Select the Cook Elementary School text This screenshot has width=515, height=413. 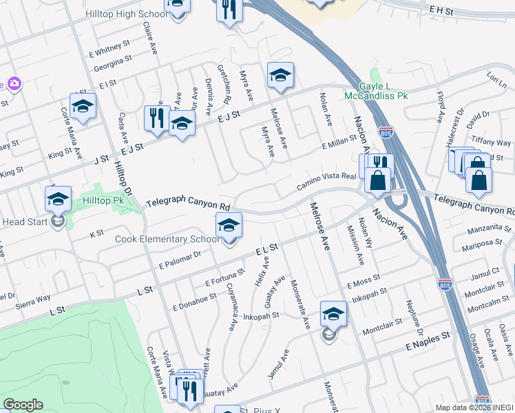pos(168,240)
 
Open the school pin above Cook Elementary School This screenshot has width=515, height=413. pos(229,225)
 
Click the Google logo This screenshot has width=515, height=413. pos(23,404)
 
